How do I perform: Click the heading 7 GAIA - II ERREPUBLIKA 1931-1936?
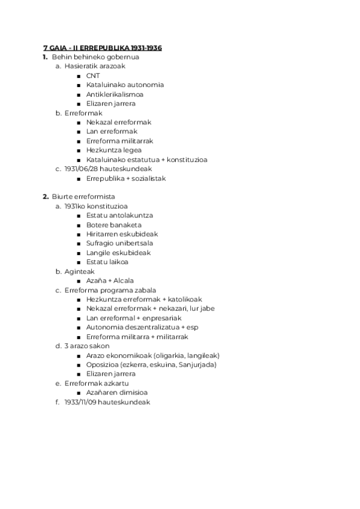tap(103, 47)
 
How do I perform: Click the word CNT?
tap(93, 76)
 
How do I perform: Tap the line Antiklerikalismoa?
tap(115, 94)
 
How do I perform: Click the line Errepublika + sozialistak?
tap(126, 178)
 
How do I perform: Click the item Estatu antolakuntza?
tap(119, 215)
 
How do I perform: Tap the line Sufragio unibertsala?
tap(119, 243)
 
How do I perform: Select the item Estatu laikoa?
tap(107, 262)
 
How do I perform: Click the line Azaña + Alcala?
tap(110, 280)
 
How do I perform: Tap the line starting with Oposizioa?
tap(151, 364)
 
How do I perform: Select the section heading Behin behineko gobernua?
tap(95, 57)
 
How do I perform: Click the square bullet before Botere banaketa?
tap(80, 225)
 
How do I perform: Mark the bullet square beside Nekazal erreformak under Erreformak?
tap(80, 122)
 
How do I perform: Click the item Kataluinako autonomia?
tap(125, 85)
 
